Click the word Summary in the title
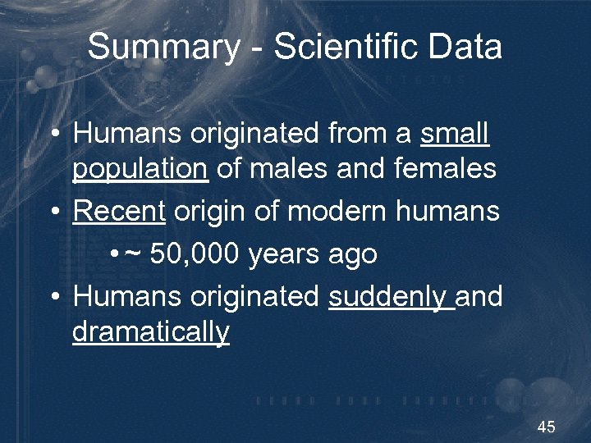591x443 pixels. [x=163, y=48]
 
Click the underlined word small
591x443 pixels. [x=455, y=134]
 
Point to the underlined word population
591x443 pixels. [x=140, y=169]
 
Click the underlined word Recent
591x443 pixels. [x=119, y=212]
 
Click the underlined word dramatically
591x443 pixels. [x=151, y=333]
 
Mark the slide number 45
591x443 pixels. [x=546, y=427]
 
